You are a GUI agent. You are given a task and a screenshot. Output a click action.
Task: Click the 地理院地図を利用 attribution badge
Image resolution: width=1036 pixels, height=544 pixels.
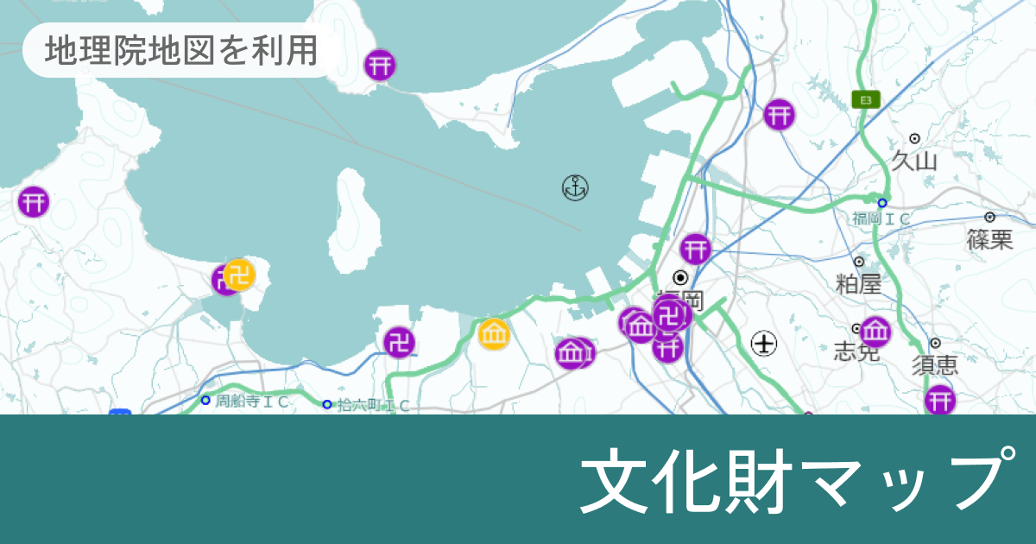181,51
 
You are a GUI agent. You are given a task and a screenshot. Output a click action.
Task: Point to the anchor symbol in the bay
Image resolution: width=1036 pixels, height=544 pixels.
575,187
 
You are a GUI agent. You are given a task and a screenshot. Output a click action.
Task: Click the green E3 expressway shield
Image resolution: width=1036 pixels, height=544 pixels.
865,100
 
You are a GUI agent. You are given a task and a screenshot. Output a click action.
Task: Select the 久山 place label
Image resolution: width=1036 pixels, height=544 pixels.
914,161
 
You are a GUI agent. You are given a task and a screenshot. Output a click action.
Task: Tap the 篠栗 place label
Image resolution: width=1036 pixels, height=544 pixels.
989,239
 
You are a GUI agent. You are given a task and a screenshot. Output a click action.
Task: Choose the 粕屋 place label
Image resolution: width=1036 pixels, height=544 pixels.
858,283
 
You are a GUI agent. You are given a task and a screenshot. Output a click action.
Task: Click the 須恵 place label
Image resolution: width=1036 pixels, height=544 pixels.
935,364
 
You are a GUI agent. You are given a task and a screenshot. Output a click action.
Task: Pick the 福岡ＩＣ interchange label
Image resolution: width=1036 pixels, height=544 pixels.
881,219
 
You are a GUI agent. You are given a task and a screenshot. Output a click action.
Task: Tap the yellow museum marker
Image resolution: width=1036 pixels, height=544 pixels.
495,333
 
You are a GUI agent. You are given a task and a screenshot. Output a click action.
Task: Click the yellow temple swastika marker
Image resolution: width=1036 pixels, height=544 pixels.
239,275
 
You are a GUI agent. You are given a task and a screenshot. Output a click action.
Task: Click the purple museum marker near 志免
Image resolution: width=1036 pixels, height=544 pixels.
875,332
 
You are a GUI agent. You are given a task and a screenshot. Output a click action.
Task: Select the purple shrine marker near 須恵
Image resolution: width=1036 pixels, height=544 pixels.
940,401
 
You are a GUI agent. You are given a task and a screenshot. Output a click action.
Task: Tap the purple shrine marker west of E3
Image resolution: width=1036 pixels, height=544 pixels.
779,114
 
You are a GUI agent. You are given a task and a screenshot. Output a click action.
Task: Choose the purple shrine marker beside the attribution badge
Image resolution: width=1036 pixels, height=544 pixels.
380,65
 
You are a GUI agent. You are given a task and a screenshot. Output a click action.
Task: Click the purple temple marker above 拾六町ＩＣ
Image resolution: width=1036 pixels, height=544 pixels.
399,342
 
